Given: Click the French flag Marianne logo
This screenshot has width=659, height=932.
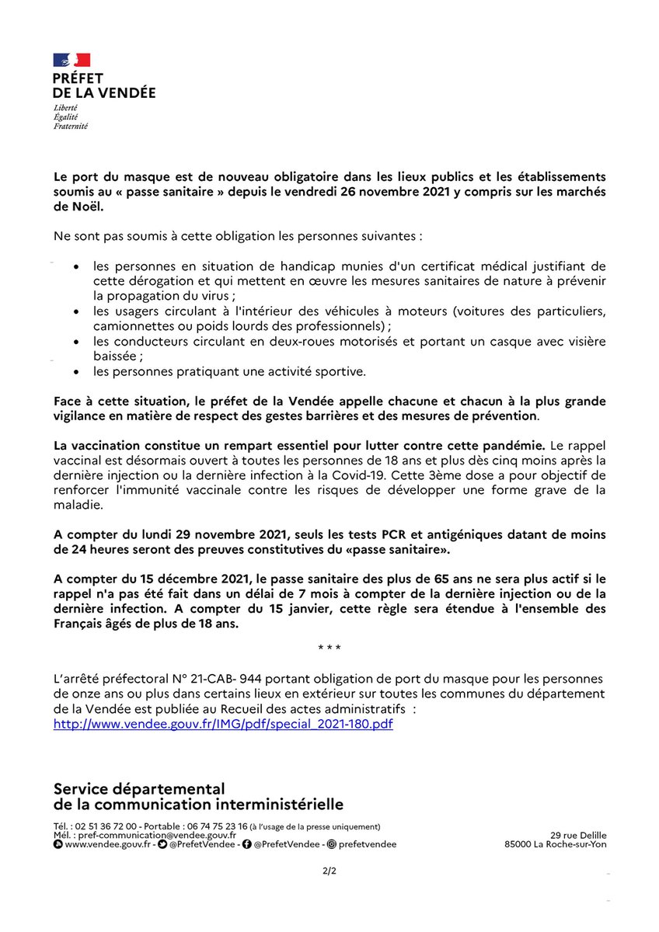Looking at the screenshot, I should [x=71, y=60].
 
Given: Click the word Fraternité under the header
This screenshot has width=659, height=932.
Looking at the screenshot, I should [x=71, y=126].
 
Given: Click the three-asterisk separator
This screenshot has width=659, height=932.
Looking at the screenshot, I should [x=329, y=648].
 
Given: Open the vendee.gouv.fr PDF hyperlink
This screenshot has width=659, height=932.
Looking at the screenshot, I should [x=223, y=723].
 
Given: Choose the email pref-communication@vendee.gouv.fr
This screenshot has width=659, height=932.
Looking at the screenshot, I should [x=146, y=835].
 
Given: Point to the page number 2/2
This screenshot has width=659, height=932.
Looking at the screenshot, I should [x=329, y=871].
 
